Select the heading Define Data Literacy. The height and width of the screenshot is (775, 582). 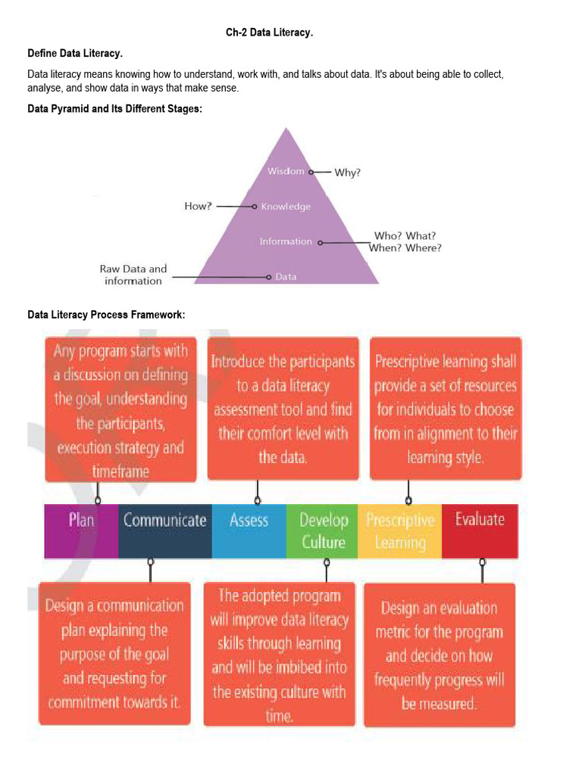[x=75, y=54]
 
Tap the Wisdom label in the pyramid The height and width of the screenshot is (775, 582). [x=286, y=171]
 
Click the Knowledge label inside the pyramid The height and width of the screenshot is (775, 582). [x=286, y=207]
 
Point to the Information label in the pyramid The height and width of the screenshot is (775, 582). [x=286, y=241]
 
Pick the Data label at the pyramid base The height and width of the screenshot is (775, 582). [x=286, y=277]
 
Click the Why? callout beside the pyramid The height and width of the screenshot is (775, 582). [x=348, y=173]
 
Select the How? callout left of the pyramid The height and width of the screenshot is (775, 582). [x=199, y=206]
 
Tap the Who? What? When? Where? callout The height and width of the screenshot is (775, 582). [x=405, y=241]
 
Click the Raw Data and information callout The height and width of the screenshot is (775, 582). [x=133, y=275]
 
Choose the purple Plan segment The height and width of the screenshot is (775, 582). [x=82, y=531]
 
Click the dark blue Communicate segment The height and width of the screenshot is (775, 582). [x=165, y=531]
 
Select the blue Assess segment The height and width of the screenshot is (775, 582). [x=249, y=531]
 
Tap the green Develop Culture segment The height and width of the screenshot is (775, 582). [x=323, y=531]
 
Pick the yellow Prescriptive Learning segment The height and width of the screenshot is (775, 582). [x=399, y=531]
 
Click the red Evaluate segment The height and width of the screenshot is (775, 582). [x=480, y=531]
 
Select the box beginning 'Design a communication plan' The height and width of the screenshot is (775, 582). [x=114, y=653]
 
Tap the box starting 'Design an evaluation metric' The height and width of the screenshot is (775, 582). [x=440, y=655]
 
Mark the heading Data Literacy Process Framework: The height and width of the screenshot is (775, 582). [x=106, y=315]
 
